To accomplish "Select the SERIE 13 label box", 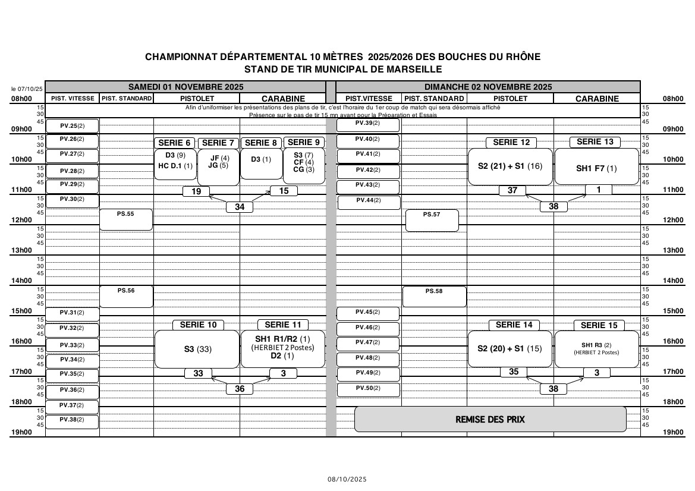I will pyautogui.click(x=595, y=141).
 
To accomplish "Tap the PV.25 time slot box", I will pyautogui.click(x=73, y=126).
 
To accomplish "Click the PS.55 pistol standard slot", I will pyautogui.click(x=126, y=219).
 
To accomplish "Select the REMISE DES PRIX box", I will pyautogui.click(x=490, y=419).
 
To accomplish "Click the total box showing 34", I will pyautogui.click(x=240, y=207).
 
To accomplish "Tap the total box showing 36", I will pyautogui.click(x=240, y=389).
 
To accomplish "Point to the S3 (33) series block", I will pyautogui.click(x=197, y=349).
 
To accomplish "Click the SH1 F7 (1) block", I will pyautogui.click(x=596, y=167).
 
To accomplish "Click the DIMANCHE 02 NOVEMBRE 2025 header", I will pyautogui.click(x=488, y=86).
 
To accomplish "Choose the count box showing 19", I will pyautogui.click(x=196, y=191).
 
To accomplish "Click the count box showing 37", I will pyautogui.click(x=512, y=191).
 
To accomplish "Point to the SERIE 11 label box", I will pyautogui.click(x=283, y=325).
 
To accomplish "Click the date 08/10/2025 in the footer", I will pyautogui.click(x=347, y=479).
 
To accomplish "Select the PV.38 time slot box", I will pyautogui.click(x=73, y=420).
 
